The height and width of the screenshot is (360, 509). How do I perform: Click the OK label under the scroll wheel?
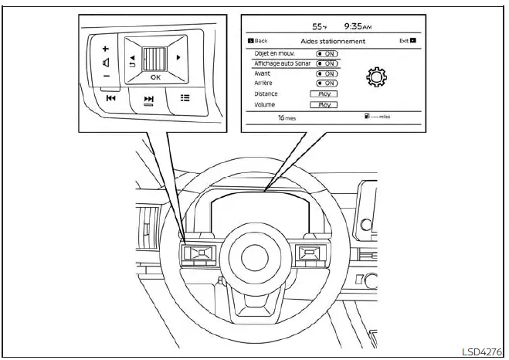(155, 77)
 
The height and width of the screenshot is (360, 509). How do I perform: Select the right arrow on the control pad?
(179, 57)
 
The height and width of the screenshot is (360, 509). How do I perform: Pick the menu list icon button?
(185, 98)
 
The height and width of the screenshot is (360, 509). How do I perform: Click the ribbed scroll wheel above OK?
(155, 58)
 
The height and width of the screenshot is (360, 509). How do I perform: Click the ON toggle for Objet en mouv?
(327, 54)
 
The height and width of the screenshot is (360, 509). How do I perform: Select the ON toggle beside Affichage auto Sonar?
(327, 63)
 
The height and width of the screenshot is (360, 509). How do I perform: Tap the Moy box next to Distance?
(324, 93)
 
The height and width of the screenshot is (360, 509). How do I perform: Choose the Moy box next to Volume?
(324, 104)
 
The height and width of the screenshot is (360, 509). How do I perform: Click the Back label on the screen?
(260, 41)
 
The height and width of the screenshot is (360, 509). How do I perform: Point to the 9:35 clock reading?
(369, 25)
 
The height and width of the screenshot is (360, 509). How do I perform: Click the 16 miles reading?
(287, 119)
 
